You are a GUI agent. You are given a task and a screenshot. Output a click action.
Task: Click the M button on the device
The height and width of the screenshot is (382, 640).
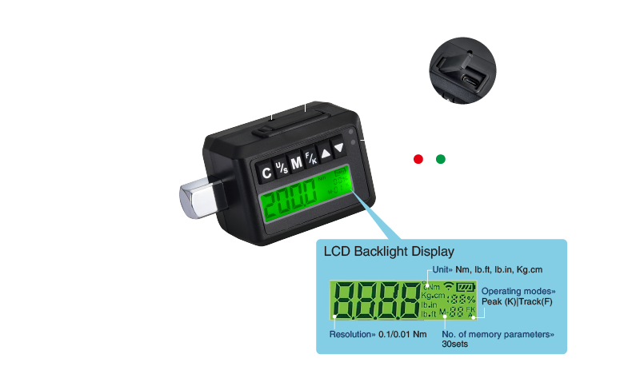point(296,163)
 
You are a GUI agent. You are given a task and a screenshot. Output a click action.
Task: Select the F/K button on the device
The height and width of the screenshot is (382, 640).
point(310,158)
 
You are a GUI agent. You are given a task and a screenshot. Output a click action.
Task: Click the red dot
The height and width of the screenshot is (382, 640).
point(418,159)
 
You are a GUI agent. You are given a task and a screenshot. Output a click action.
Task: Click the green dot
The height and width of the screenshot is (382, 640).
point(441,159)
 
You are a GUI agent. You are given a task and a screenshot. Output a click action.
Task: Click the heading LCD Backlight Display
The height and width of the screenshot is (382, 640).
point(389,251)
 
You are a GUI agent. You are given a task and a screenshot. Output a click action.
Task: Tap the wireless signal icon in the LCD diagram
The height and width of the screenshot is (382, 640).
point(449,286)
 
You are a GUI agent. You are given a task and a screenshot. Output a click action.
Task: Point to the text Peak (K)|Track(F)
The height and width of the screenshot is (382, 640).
point(517,301)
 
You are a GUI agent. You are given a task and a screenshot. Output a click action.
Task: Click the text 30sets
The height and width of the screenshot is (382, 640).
point(455,344)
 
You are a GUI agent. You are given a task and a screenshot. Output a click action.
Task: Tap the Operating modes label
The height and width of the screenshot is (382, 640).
point(518,291)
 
